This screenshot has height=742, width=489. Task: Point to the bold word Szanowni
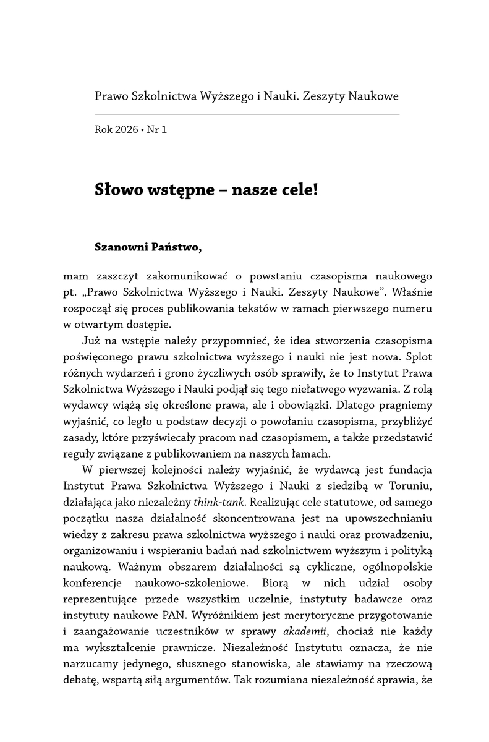120,247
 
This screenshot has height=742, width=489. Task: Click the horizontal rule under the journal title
247,114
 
